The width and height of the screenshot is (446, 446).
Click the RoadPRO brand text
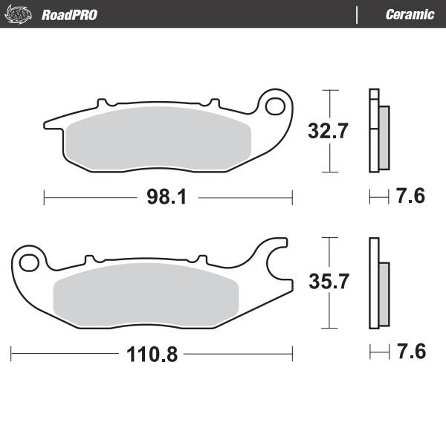point(69,14)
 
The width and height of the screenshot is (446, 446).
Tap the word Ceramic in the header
point(410,14)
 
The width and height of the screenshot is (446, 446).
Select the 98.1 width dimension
point(168,197)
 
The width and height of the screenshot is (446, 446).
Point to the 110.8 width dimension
point(152,354)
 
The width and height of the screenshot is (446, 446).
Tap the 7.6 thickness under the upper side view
point(410,197)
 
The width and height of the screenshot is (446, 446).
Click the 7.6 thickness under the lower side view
point(410,351)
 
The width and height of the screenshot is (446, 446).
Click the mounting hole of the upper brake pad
point(274,106)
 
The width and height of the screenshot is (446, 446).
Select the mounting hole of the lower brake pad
point(29,262)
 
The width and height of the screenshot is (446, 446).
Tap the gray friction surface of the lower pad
point(146,292)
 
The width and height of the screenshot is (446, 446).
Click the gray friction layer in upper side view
point(384,137)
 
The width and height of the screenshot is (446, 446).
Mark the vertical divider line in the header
point(358,14)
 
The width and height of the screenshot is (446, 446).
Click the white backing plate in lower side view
point(374,282)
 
